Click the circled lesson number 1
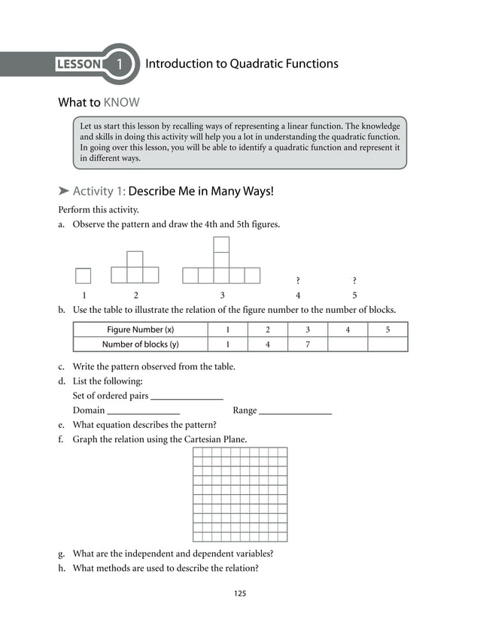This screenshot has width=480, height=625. click(x=120, y=64)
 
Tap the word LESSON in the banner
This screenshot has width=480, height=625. click(x=78, y=64)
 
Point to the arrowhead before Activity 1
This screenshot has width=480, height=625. click(x=64, y=192)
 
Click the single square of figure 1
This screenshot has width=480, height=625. click(x=83, y=276)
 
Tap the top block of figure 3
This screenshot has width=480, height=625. click(x=221, y=244)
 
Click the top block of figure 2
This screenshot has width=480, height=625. click(x=135, y=259)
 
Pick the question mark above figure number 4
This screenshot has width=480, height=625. click(x=298, y=281)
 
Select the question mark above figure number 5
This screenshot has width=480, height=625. click(x=354, y=281)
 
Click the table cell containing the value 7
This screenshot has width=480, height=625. click(x=307, y=344)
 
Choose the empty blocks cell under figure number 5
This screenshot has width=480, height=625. click(x=387, y=344)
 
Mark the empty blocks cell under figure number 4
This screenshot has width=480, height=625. click(x=348, y=344)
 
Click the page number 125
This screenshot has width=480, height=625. click(x=239, y=593)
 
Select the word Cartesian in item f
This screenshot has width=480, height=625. click(x=206, y=439)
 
